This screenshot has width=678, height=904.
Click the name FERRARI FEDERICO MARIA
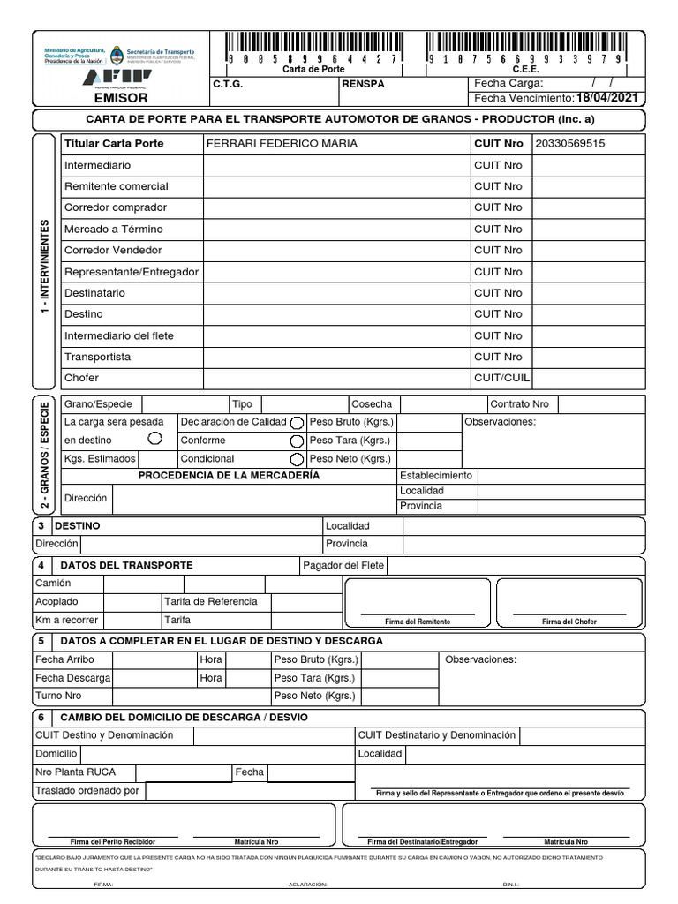click(x=282, y=144)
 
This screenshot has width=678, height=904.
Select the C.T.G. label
click(x=228, y=84)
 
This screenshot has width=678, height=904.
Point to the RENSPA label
click(x=363, y=84)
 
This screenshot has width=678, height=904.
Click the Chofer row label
click(x=81, y=378)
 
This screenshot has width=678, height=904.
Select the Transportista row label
click(x=97, y=357)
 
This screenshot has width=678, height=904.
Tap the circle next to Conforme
click(x=297, y=441)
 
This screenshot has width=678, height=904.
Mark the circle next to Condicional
click(x=297, y=459)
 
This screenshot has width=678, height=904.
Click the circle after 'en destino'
click(x=155, y=438)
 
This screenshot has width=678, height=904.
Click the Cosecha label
click(x=372, y=404)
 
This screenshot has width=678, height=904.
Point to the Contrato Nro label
click(x=519, y=404)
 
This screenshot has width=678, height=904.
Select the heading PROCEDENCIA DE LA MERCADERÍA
click(x=229, y=476)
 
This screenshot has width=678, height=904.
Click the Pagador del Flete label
click(x=343, y=565)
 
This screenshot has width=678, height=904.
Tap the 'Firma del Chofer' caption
click(x=569, y=621)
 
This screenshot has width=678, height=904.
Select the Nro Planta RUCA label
click(x=75, y=772)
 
